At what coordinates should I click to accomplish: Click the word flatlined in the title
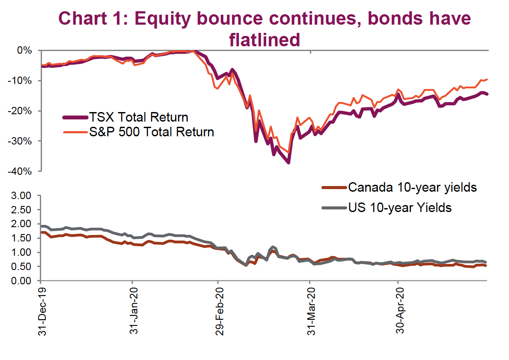tap(264, 40)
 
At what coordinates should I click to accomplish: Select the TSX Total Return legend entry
tap(139, 117)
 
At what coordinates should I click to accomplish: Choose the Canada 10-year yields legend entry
tap(412, 187)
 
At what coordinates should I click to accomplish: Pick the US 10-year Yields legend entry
tap(400, 208)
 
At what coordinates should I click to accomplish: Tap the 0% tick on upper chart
tap(24, 51)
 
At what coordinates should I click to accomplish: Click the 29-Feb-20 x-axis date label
tap(220, 311)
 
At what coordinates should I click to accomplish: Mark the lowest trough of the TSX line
tap(288, 162)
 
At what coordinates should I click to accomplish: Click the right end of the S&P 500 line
tap(487, 79)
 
